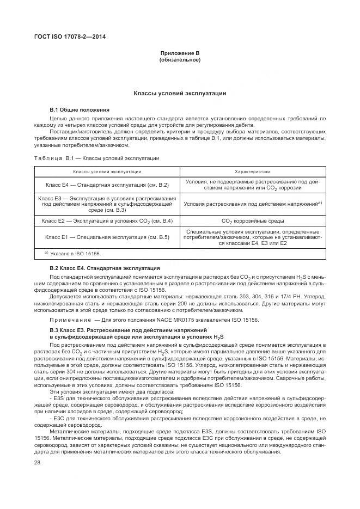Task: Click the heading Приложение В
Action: [180, 53]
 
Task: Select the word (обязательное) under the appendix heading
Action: [180, 59]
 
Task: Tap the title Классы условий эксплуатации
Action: [180, 94]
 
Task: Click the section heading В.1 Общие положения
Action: [80, 109]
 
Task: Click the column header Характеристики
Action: [252, 171]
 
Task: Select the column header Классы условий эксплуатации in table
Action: [107, 171]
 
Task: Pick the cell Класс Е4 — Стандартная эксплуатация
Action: [107, 185]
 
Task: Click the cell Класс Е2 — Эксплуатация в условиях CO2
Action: [107, 221]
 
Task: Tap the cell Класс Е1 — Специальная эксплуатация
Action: [107, 237]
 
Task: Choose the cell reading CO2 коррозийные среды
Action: [252, 221]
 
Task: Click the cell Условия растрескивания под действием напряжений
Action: [252, 204]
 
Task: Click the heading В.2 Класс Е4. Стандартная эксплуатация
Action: [105, 268]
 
